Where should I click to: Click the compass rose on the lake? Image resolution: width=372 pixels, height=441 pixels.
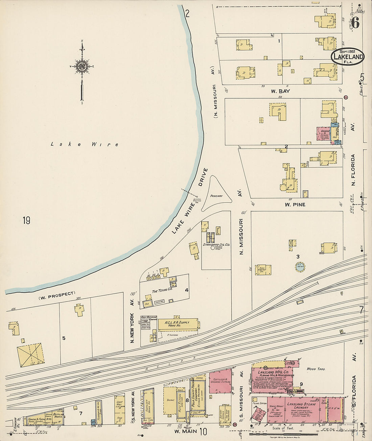[x=82, y=66]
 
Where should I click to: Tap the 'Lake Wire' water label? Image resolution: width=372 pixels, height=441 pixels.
[x=85, y=144]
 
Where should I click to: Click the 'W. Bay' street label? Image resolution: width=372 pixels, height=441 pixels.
[x=280, y=91]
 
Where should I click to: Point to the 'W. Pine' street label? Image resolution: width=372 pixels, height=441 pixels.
[x=295, y=204]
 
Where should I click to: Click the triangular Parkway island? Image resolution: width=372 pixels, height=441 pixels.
[x=216, y=195]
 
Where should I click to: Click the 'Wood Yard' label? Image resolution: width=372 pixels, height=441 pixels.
[x=316, y=369]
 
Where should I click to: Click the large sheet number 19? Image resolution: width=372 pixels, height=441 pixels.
[x=26, y=221]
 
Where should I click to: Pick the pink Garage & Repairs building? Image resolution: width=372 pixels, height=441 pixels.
[x=324, y=134]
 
